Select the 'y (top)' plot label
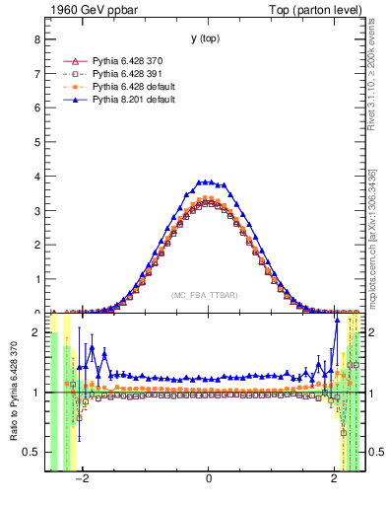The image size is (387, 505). coord(208,38)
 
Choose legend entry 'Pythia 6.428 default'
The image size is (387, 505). coord(135,87)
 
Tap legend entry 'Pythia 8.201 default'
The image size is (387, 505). coord(135,100)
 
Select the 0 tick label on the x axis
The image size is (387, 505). coord(209,481)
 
